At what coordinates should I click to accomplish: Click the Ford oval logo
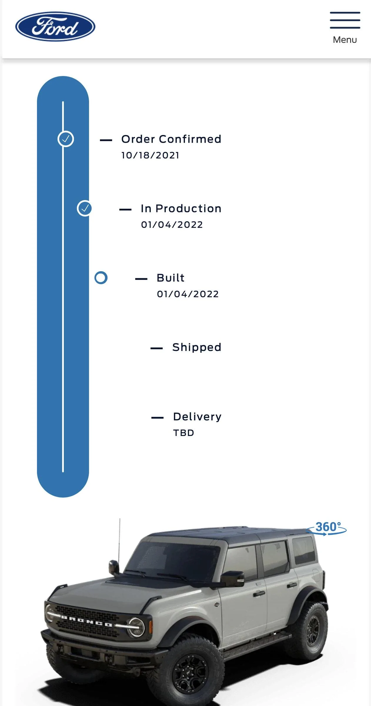(55, 26)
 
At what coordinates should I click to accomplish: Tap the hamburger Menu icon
(345, 20)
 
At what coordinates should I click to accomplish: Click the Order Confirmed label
(171, 139)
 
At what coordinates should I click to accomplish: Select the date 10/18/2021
(150, 155)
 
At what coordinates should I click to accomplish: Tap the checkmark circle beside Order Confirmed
(66, 139)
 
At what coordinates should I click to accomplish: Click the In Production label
(181, 209)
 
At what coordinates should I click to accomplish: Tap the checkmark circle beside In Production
(85, 209)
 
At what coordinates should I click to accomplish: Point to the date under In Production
(172, 225)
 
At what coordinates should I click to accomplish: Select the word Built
(171, 278)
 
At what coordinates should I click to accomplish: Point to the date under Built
(188, 294)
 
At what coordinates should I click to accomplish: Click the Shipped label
(197, 347)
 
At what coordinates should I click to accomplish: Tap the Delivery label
(197, 417)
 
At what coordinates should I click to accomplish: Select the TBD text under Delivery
(184, 433)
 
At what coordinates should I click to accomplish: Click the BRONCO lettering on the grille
(86, 621)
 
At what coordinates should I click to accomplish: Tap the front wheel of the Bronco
(188, 674)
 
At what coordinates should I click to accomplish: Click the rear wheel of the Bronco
(309, 630)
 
